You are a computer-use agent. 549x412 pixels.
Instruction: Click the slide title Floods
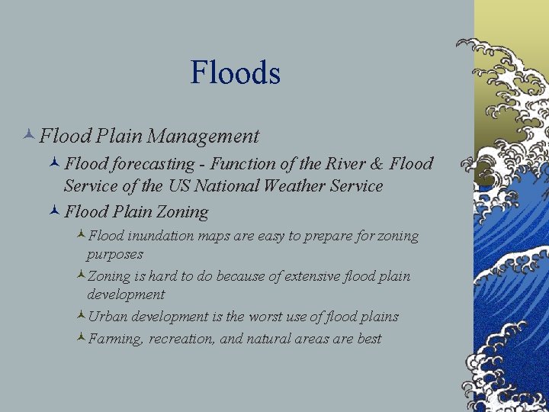236,73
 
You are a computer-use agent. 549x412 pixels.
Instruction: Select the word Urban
106,317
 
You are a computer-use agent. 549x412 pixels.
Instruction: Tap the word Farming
115,339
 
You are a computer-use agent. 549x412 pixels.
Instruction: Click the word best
369,339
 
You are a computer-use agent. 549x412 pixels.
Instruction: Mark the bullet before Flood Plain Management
29,137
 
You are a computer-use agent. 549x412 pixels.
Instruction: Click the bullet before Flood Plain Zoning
55,211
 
